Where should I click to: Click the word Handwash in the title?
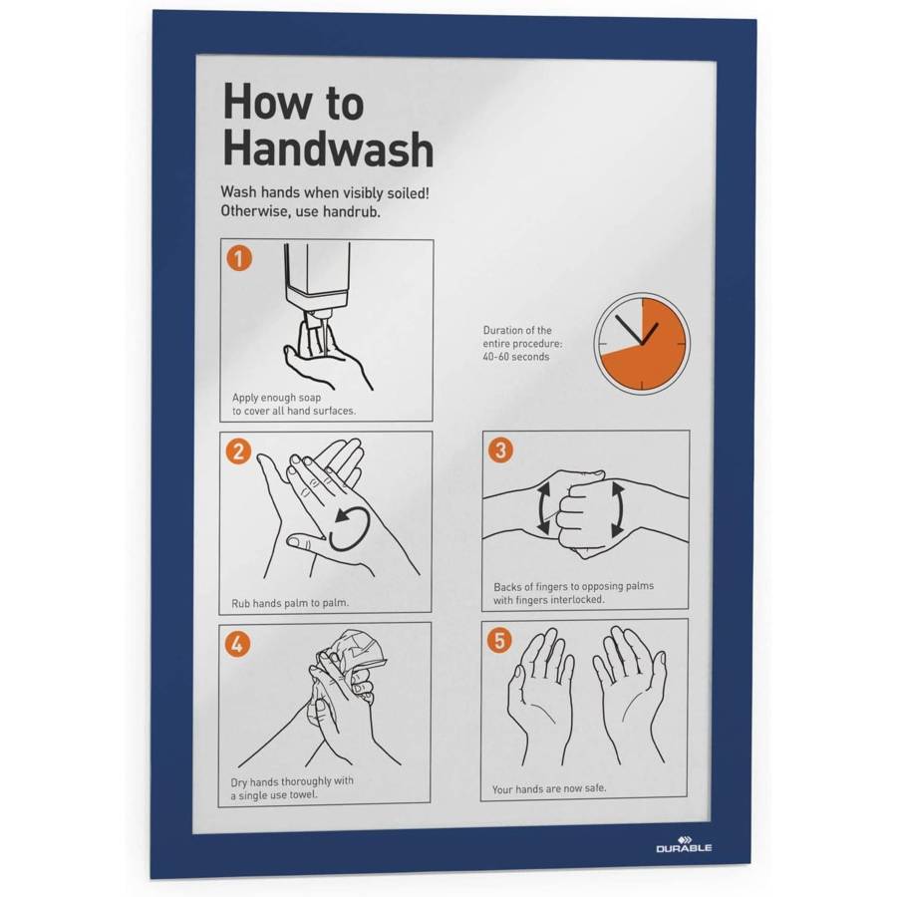328,149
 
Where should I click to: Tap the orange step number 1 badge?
239,257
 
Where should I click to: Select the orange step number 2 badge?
238,450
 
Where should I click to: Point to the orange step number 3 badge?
500,449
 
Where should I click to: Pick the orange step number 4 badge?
237,644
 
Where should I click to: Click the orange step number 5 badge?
499,640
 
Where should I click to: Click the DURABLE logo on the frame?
684,844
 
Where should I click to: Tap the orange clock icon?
642,343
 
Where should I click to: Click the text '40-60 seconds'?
516,357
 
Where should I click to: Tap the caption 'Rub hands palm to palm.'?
290,603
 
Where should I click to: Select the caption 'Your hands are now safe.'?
549,789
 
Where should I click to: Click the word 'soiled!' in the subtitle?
409,192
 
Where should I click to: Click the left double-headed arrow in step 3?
543,508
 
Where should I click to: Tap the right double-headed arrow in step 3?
618,508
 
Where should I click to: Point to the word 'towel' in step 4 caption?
303,795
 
